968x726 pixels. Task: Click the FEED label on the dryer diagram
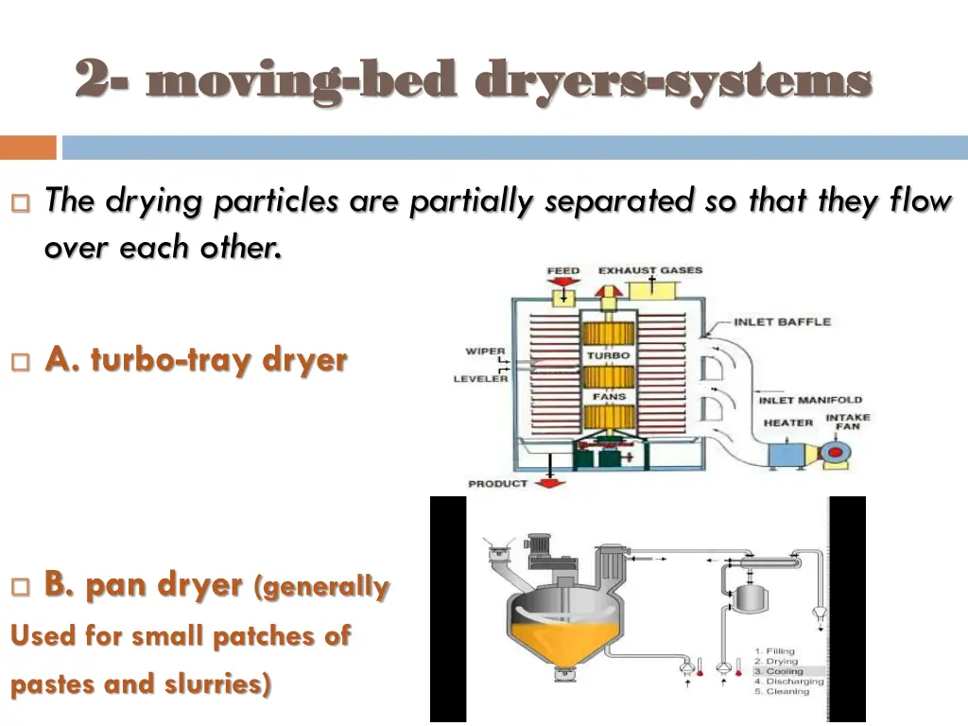pyautogui.click(x=563, y=271)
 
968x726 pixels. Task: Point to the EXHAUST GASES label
pyautogui.click(x=650, y=270)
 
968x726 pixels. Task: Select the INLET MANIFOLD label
pyautogui.click(x=810, y=401)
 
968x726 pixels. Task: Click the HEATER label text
pyautogui.click(x=788, y=423)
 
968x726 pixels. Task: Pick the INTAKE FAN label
pyautogui.click(x=848, y=422)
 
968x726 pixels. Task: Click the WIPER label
pyautogui.click(x=485, y=352)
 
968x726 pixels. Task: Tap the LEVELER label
pyautogui.click(x=480, y=379)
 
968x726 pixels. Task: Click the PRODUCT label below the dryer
pyautogui.click(x=498, y=484)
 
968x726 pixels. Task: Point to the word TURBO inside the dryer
pyautogui.click(x=609, y=355)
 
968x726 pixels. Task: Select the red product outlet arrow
pyautogui.click(x=549, y=483)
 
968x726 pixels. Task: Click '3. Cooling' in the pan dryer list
pyautogui.click(x=778, y=671)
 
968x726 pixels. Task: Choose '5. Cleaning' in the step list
pyautogui.click(x=781, y=692)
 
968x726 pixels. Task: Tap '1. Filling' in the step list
pyautogui.click(x=775, y=651)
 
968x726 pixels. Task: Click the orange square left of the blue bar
pyautogui.click(x=27, y=147)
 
